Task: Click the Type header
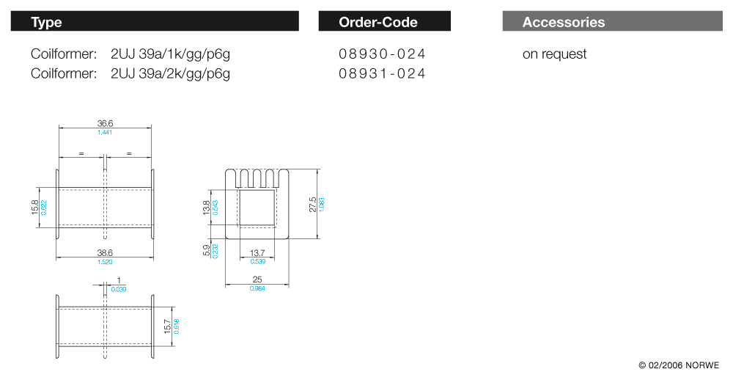(47, 22)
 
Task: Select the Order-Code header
(378, 22)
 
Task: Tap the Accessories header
(564, 22)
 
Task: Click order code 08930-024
(382, 54)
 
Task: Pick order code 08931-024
(382, 73)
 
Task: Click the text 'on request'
(554, 54)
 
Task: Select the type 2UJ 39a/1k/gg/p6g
(170, 54)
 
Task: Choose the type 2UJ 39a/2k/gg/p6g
(170, 73)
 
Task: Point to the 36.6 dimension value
(105, 123)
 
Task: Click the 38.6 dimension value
(105, 252)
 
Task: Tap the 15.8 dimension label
(34, 208)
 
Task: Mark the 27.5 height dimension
(313, 205)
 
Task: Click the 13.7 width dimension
(258, 253)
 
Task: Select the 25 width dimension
(257, 279)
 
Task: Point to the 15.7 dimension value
(167, 326)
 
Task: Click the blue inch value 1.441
(105, 132)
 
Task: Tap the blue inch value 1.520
(105, 261)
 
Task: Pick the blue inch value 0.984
(257, 288)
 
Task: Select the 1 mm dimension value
(118, 281)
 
